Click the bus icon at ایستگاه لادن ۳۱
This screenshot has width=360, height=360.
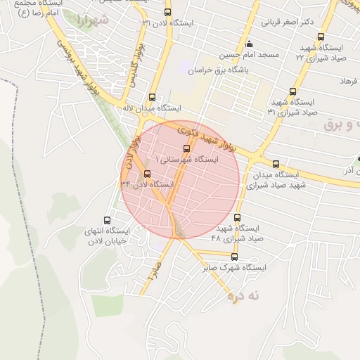[167, 12]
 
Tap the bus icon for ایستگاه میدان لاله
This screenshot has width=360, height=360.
[153, 98]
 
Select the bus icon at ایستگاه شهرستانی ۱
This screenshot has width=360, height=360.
[186, 148]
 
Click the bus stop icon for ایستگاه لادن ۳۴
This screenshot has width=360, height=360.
[147, 174]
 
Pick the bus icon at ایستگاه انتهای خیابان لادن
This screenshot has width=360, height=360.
[107, 219]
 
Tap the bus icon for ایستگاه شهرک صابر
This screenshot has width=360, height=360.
[235, 257]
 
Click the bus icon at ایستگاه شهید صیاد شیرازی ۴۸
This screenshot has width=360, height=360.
[237, 217]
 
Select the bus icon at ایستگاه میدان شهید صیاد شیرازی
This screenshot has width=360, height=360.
[275, 163]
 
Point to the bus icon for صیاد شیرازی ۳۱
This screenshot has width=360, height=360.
[292, 91]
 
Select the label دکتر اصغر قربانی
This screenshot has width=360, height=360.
[287, 22]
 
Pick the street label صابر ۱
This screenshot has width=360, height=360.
[154, 272]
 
